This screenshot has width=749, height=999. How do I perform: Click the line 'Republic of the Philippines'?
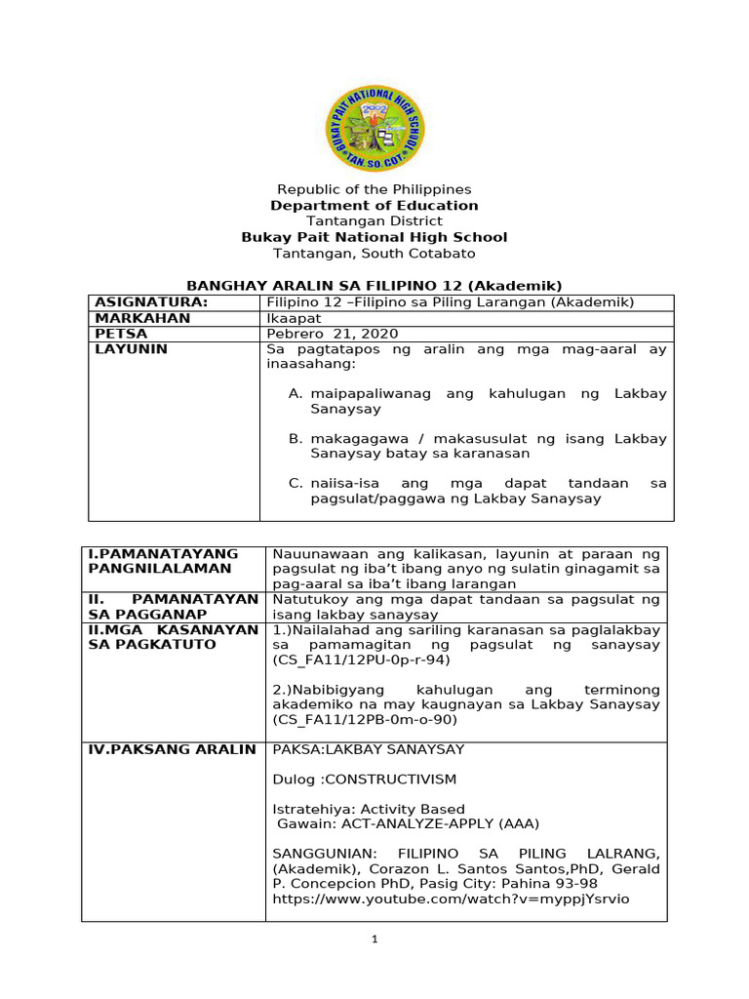tap(374, 189)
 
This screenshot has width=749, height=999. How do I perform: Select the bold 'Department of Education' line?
tap(374, 206)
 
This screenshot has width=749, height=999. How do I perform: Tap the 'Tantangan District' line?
tap(374, 221)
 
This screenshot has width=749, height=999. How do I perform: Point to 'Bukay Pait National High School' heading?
tap(374, 237)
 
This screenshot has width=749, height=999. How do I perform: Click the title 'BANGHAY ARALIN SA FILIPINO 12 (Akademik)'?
tap(374, 285)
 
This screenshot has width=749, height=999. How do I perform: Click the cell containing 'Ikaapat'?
tap(291, 318)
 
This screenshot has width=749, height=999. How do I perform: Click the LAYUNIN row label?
tap(131, 349)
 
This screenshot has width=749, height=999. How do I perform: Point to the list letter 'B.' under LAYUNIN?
tap(296, 439)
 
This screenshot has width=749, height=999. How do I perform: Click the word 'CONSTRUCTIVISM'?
tap(389, 779)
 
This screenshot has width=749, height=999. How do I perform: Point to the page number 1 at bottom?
tap(374, 939)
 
